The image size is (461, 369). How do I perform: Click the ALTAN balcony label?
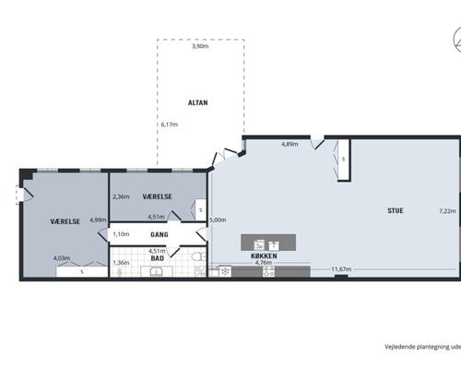point(197,102)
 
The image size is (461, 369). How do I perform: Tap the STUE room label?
point(396,210)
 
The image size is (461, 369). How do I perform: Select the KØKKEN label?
point(264,256)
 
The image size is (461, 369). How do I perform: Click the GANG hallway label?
point(160,234)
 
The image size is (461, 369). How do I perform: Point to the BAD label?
point(157,258)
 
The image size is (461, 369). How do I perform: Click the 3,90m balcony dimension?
point(200,46)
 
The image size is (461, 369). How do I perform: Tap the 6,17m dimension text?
point(170,125)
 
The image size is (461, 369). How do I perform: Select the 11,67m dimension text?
point(341,269)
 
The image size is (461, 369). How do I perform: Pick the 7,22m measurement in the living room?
point(447,211)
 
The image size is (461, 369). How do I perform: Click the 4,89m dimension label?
point(290,144)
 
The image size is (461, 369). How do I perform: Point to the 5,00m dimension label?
point(218,220)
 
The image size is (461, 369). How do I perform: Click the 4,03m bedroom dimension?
point(62,258)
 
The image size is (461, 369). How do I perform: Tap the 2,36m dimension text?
point(121,196)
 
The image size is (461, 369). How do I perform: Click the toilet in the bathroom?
point(198,256)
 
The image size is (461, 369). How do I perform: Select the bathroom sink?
point(157,271)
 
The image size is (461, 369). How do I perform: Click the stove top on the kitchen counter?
point(268,271)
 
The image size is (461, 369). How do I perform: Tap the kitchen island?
point(268,243)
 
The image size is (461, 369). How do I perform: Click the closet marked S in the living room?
point(344,161)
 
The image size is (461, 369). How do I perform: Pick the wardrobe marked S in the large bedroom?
point(82,272)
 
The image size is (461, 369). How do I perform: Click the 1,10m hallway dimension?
point(121,234)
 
